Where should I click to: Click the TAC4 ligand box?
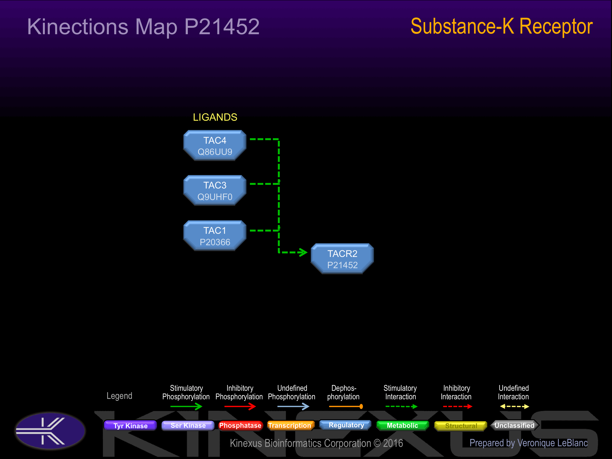click(215, 146)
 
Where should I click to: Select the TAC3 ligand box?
click(215, 190)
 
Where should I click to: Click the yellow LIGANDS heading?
click(215, 117)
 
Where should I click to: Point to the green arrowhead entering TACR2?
click(303, 252)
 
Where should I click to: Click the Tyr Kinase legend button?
click(130, 425)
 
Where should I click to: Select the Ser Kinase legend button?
click(188, 425)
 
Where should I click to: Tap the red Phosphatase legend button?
click(240, 425)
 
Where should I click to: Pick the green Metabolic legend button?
click(402, 425)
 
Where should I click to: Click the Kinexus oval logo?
click(50, 431)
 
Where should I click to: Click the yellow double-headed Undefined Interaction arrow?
click(514, 407)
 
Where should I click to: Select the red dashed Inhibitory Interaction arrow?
click(458, 407)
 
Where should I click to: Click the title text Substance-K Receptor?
click(501, 27)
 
